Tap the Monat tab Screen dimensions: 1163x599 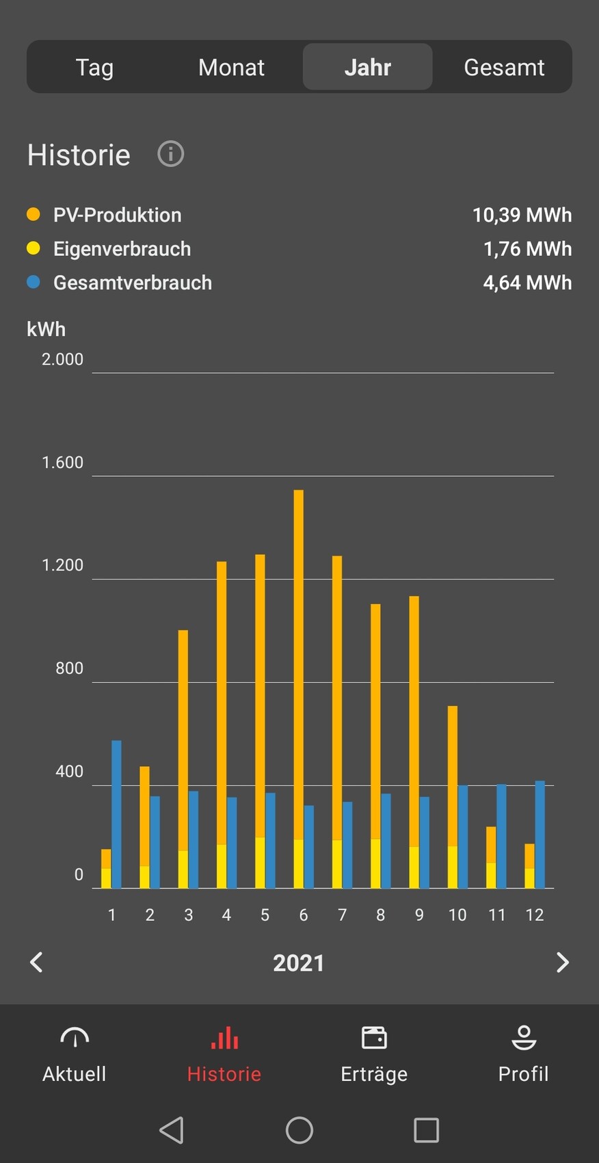pos(231,67)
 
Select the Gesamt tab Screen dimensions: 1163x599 pos(504,67)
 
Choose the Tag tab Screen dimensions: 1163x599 pos(94,67)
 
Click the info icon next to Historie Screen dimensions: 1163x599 pos(171,154)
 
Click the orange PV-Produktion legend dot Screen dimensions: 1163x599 pos(34,214)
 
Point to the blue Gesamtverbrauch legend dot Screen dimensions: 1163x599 pos(34,282)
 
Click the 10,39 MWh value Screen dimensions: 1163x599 pos(522,215)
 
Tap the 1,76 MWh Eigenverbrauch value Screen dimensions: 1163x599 pos(527,248)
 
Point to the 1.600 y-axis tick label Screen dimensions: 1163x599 pos(62,462)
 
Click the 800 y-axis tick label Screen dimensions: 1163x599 pos(69,668)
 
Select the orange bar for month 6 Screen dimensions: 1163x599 pos(299,657)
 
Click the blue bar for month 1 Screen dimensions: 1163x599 pos(116,814)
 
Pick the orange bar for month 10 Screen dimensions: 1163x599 pos(453,773)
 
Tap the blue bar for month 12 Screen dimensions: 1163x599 pos(540,835)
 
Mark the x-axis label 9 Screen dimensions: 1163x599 pos(419,915)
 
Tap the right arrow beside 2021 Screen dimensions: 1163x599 pos(562,963)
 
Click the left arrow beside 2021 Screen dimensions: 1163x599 pos(37,963)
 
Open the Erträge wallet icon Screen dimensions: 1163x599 pos(374,1038)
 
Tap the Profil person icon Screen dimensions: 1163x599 pos(524,1038)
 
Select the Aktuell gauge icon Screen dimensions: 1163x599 pos(75,1038)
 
